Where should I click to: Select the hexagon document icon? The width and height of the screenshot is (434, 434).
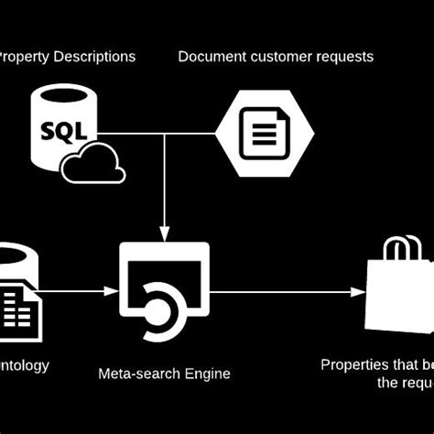coord(265,133)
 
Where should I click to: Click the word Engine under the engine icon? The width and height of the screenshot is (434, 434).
coord(206,374)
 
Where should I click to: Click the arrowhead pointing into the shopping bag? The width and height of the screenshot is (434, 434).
coord(359,292)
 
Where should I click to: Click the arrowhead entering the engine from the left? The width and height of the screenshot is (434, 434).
coord(112,292)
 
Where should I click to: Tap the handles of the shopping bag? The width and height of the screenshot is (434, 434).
coord(404,247)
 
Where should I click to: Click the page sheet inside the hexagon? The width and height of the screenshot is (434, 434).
coord(264,134)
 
